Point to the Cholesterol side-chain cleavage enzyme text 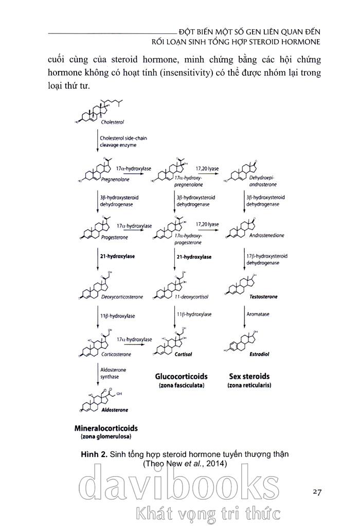120,142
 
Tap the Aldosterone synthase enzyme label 113,373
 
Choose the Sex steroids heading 249,377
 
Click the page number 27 317,492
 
